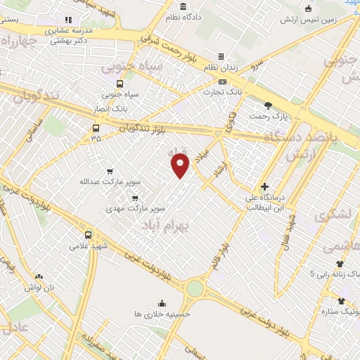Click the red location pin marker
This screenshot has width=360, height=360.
pyautogui.click(x=181, y=165)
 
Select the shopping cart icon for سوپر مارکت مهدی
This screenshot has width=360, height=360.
pyautogui.click(x=134, y=198)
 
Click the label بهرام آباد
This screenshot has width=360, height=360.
pyautogui.click(x=166, y=226)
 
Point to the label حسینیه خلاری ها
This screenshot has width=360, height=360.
pyautogui.click(x=163, y=314)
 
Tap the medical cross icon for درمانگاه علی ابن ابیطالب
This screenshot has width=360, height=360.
pyautogui.click(x=264, y=187)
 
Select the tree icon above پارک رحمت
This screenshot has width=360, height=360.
pyautogui.click(x=268, y=105)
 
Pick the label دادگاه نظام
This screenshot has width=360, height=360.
pyautogui.click(x=202, y=15)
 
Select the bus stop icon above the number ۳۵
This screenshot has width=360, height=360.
pyautogui.click(x=96, y=128)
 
